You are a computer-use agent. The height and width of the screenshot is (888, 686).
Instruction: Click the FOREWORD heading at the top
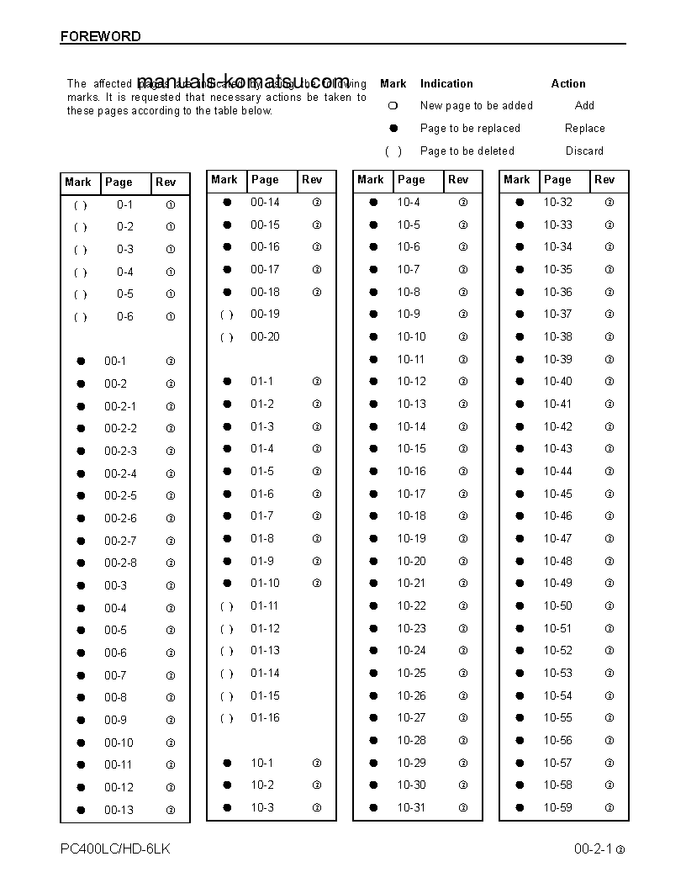pyautogui.click(x=100, y=36)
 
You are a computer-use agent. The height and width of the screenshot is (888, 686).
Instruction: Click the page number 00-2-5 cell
pyautogui.click(x=120, y=496)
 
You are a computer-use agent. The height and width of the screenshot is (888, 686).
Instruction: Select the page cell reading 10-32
pyautogui.click(x=557, y=202)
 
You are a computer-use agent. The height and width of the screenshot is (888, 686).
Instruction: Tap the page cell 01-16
pyautogui.click(x=265, y=718)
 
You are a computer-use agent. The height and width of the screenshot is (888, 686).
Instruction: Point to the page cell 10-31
pyautogui.click(x=411, y=807)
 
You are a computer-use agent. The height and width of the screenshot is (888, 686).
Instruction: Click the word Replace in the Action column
pyautogui.click(x=584, y=129)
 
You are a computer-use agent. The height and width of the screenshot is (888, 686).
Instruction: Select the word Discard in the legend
pyautogui.click(x=584, y=151)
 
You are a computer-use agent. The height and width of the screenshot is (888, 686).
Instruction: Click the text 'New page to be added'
pyautogui.click(x=476, y=106)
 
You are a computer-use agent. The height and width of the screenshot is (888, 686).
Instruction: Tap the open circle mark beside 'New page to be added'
pyautogui.click(x=393, y=106)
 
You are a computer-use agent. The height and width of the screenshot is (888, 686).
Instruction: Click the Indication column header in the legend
pyautogui.click(x=446, y=84)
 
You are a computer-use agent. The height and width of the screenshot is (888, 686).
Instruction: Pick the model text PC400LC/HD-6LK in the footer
pyautogui.click(x=115, y=848)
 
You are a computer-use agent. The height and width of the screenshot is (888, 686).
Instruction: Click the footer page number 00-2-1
pyautogui.click(x=593, y=849)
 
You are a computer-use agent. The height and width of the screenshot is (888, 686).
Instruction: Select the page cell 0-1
pyautogui.click(x=124, y=204)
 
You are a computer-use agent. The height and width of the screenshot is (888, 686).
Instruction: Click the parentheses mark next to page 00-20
pyautogui.click(x=226, y=337)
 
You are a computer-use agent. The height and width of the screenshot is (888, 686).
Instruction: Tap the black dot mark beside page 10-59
pyautogui.click(x=520, y=807)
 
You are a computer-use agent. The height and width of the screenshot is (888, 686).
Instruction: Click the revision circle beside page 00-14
pyautogui.click(x=317, y=203)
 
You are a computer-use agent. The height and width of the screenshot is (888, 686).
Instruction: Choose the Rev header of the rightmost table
pyautogui.click(x=604, y=180)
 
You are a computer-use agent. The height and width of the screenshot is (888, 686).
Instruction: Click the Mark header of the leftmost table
pyautogui.click(x=78, y=182)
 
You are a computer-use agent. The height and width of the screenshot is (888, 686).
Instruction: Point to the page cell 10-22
pyautogui.click(x=411, y=605)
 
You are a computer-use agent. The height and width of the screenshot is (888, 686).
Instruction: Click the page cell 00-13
pyautogui.click(x=119, y=810)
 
